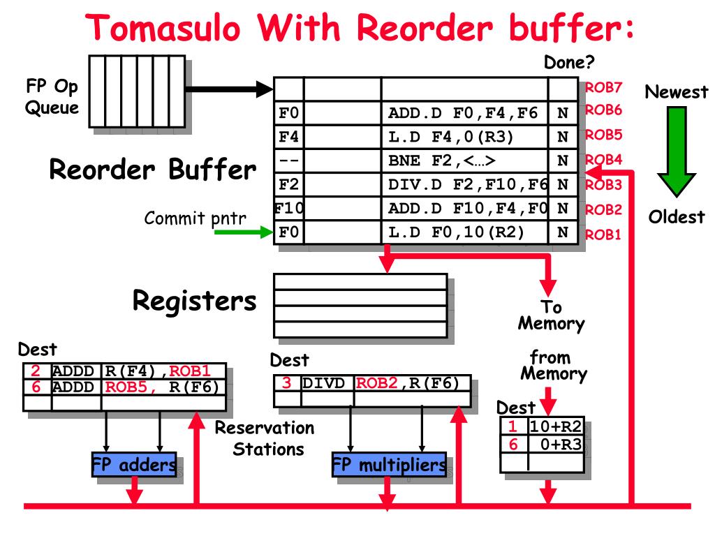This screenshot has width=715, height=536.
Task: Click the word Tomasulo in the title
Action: coord(165,29)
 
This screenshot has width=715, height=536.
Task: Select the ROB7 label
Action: coord(603,88)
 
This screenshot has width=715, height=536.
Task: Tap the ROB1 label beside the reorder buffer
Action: coord(603,234)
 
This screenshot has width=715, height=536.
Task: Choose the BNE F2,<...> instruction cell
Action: coord(464,160)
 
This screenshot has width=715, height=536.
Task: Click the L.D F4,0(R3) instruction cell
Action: coord(464,136)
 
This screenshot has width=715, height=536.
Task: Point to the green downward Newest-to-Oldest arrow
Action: coord(676,150)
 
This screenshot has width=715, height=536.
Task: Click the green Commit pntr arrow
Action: coord(241,232)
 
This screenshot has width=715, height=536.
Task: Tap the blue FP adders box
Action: coord(134,466)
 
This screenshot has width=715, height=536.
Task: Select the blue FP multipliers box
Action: coord(389,466)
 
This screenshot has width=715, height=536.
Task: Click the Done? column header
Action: coord(569,64)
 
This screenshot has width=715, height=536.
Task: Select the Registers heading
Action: coord(194,301)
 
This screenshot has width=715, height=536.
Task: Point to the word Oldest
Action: coord(677,217)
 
